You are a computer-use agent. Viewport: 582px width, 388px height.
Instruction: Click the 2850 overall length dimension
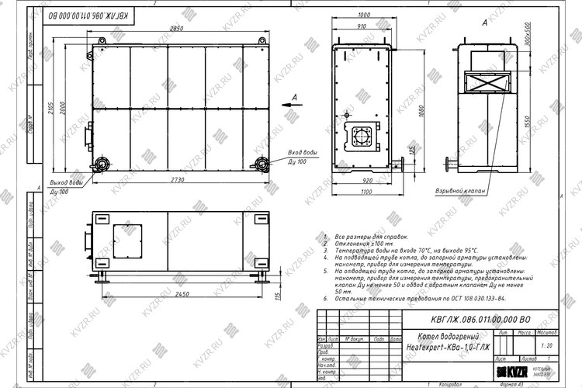pyautogui.click(x=178, y=29)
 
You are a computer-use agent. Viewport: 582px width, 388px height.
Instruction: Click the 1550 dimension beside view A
pyautogui.click(x=548, y=123)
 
